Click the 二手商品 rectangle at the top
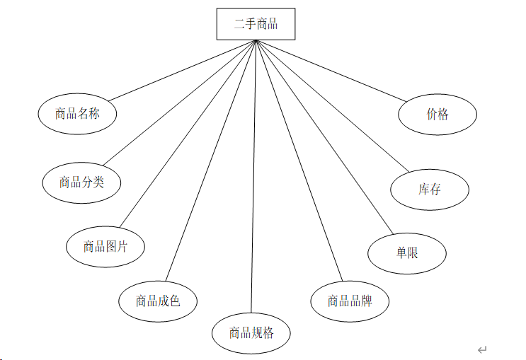coord(256,24)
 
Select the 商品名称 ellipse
coord(76,112)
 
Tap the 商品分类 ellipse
coord(81,182)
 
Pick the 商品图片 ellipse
coord(105,246)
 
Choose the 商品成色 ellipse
coord(158,301)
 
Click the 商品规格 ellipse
coord(251,332)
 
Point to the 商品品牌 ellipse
coord(350,301)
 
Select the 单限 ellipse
coord(407,252)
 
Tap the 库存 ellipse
coord(430,189)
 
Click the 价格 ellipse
coord(438,114)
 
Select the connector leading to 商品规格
coord(253,177)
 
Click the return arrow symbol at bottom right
coord(482,349)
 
